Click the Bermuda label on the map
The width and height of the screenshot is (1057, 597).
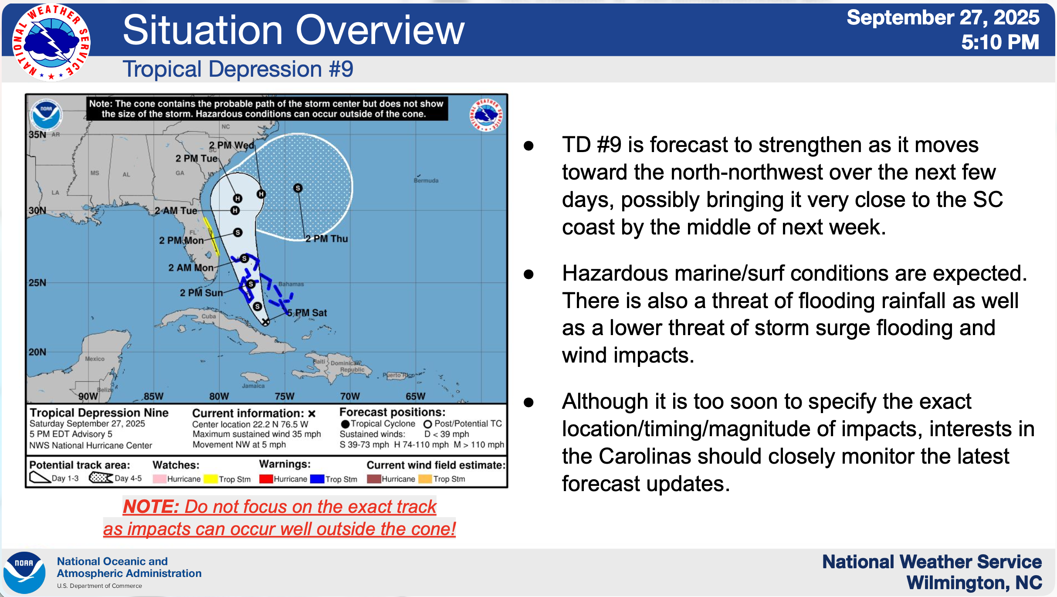(426, 180)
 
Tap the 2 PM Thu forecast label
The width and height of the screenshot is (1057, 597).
(326, 239)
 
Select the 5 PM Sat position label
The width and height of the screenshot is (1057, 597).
(307, 313)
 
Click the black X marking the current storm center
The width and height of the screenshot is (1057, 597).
(265, 322)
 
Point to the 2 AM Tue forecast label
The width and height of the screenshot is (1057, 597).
(176, 210)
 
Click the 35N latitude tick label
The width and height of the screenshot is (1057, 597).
(37, 134)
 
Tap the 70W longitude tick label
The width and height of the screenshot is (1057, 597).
(350, 396)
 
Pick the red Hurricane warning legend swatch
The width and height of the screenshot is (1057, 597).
(266, 479)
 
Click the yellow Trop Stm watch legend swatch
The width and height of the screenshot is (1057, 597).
(210, 479)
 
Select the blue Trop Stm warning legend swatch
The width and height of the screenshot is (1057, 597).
(317, 479)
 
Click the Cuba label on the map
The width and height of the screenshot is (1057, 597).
(209, 316)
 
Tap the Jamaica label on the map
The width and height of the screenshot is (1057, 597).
(254, 386)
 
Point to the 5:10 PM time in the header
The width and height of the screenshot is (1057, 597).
(1000, 42)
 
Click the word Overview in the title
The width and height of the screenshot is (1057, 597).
(380, 30)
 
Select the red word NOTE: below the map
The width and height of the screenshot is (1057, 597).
(151, 506)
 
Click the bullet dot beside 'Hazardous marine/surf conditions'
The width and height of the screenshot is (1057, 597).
(529, 274)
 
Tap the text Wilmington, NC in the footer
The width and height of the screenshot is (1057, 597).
(974, 583)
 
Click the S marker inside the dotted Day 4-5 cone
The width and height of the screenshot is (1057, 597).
(298, 188)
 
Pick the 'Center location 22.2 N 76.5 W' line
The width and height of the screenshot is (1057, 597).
(250, 424)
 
